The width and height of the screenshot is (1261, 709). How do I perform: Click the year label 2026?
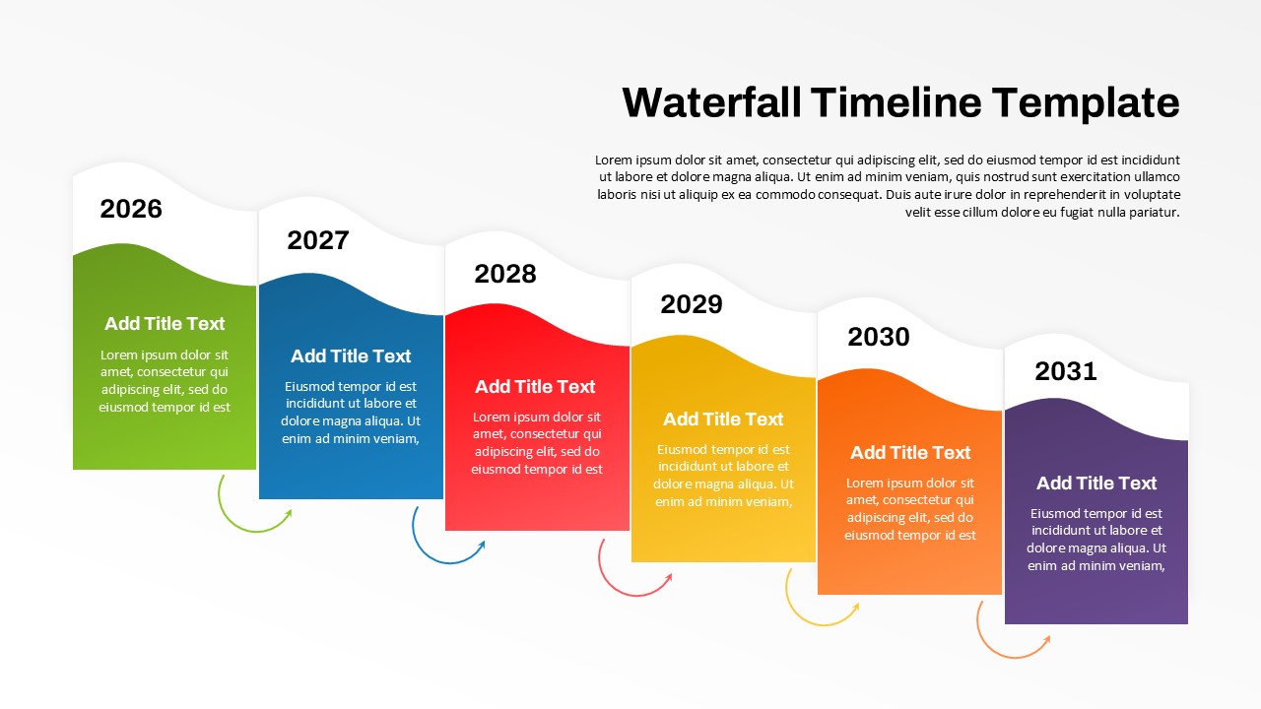tap(131, 209)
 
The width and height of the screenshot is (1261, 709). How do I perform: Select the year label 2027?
tap(318, 240)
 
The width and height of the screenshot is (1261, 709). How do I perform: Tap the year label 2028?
tap(505, 274)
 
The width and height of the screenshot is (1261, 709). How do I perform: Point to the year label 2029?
tap(692, 304)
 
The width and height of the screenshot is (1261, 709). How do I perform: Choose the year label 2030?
tap(879, 337)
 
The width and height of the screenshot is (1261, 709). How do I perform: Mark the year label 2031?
tap(1066, 371)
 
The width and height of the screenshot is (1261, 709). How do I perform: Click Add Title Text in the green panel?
tap(165, 324)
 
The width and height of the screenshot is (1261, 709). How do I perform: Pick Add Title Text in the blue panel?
tap(351, 356)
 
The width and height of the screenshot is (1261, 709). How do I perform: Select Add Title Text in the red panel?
tap(535, 387)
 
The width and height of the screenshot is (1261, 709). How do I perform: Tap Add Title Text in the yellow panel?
tap(723, 419)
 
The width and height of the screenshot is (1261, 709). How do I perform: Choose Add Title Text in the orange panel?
tap(910, 453)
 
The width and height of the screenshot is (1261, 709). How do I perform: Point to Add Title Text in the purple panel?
tap(1096, 483)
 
